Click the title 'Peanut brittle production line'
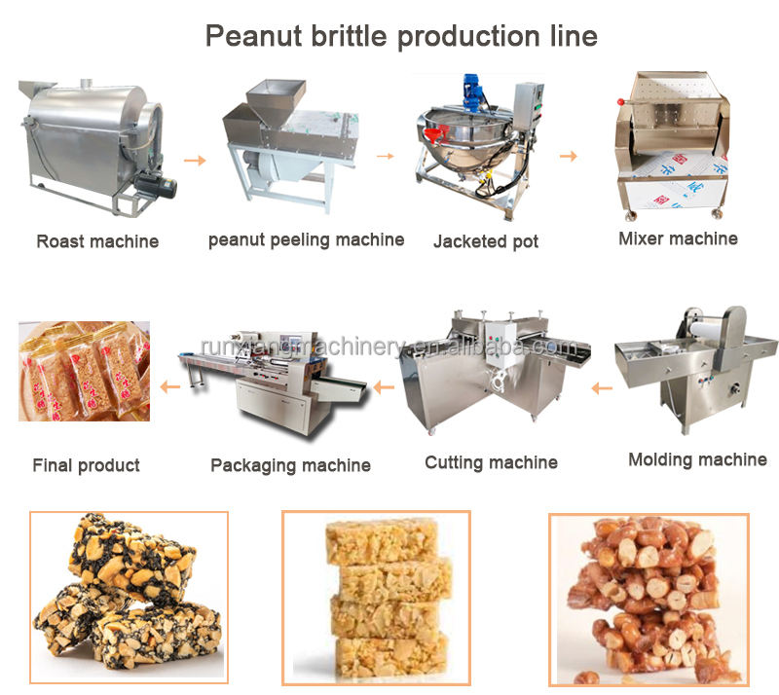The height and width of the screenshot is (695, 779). point(400,36)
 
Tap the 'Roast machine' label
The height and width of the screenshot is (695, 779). point(97,240)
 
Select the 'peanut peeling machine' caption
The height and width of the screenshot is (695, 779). point(306,239)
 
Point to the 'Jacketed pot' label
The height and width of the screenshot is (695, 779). point(486,240)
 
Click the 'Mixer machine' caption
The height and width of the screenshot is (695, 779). point(678,238)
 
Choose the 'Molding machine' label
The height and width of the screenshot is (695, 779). point(697,459)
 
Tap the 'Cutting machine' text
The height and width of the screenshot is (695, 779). point(491,462)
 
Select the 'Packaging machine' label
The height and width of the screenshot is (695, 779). point(290,465)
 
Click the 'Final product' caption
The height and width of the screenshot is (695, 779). point(87,465)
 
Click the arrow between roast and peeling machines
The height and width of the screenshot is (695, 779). point(195,159)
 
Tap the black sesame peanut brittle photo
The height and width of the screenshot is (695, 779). point(128,596)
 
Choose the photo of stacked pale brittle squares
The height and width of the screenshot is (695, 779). point(376,596)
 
